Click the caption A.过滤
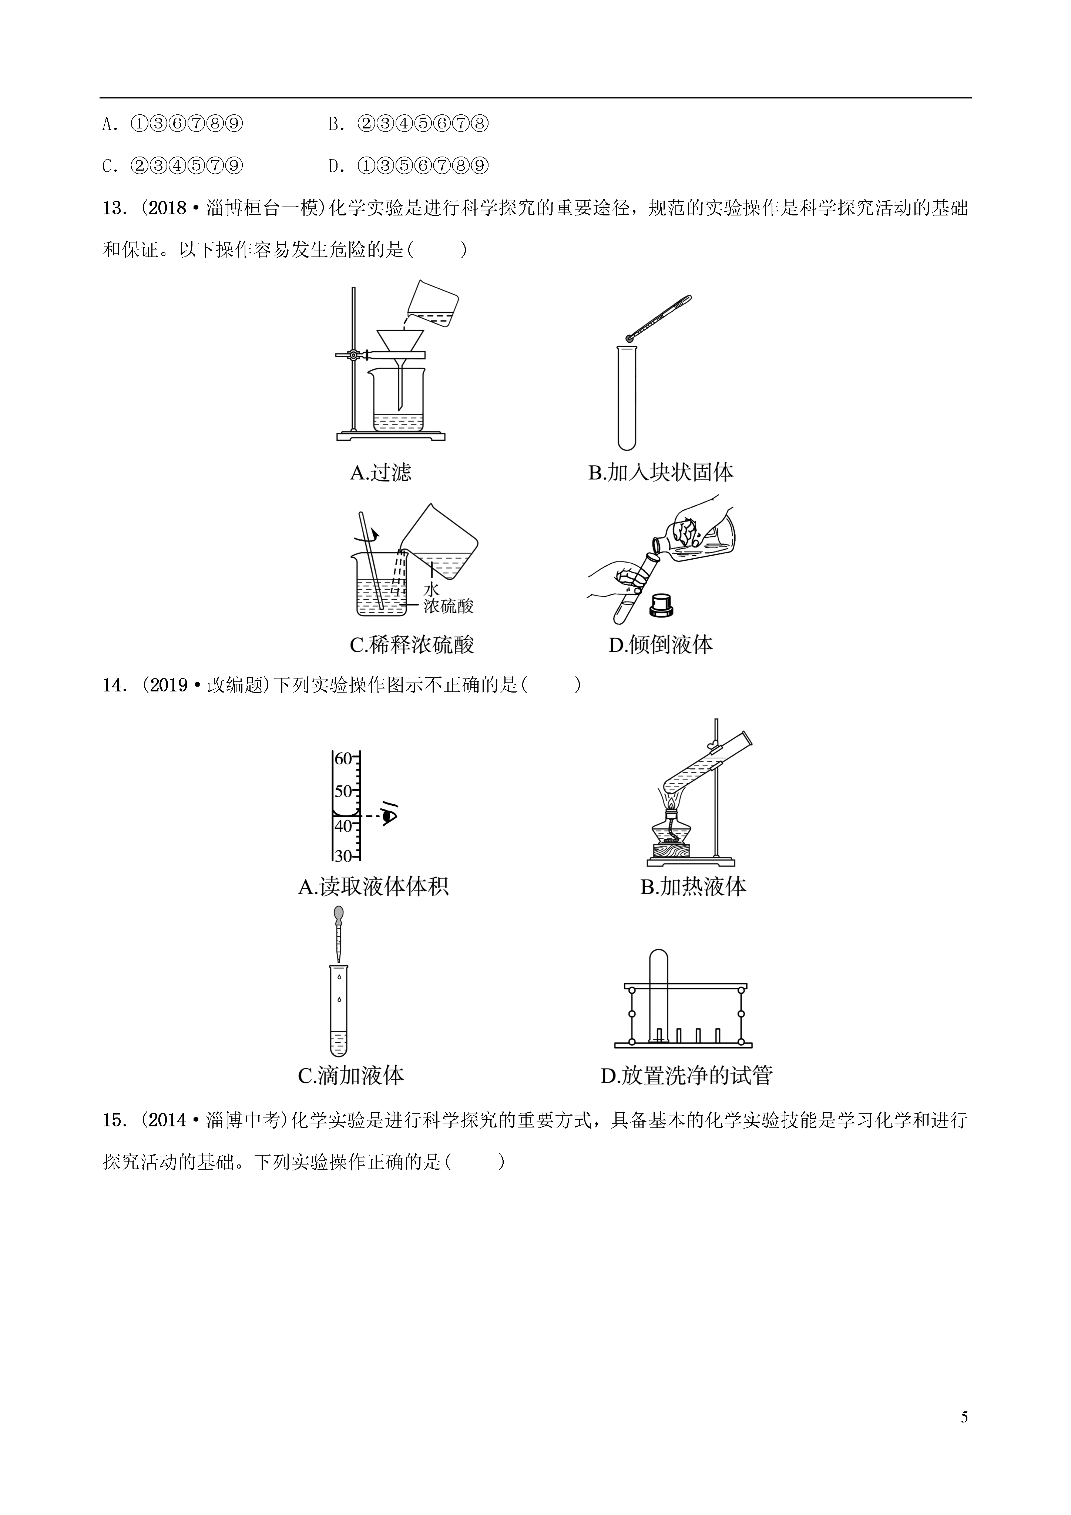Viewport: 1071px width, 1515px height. (x=381, y=472)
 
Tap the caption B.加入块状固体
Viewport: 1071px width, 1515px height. (x=661, y=472)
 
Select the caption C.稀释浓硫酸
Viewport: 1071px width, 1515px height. (x=412, y=645)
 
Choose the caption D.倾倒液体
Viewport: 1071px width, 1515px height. (x=661, y=645)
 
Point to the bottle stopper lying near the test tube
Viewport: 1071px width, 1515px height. (x=661, y=604)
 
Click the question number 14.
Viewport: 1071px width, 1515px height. (x=114, y=686)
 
